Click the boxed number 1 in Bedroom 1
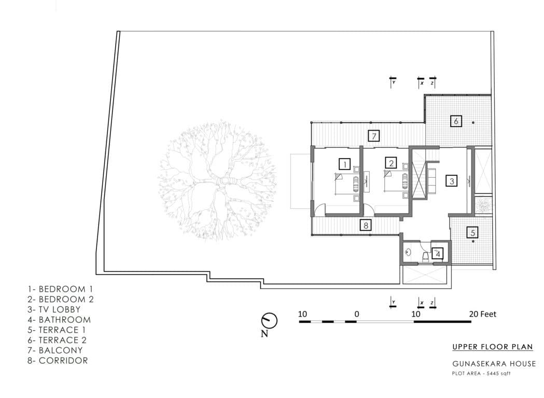tap(344, 164)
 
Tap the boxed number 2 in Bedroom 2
tap(391, 164)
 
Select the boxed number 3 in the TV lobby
tap(452, 181)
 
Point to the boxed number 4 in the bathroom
tap(438, 253)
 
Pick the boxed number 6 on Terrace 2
tap(456, 121)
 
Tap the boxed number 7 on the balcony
tap(373, 136)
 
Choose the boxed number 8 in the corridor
tap(366, 225)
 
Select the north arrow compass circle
tap(270, 320)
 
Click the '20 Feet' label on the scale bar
tap(482, 314)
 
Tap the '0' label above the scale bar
tap(357, 314)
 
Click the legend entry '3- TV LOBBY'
tap(54, 309)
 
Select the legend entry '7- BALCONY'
tap(54, 350)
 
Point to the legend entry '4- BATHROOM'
tap(59, 320)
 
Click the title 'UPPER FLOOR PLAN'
tap(492, 347)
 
